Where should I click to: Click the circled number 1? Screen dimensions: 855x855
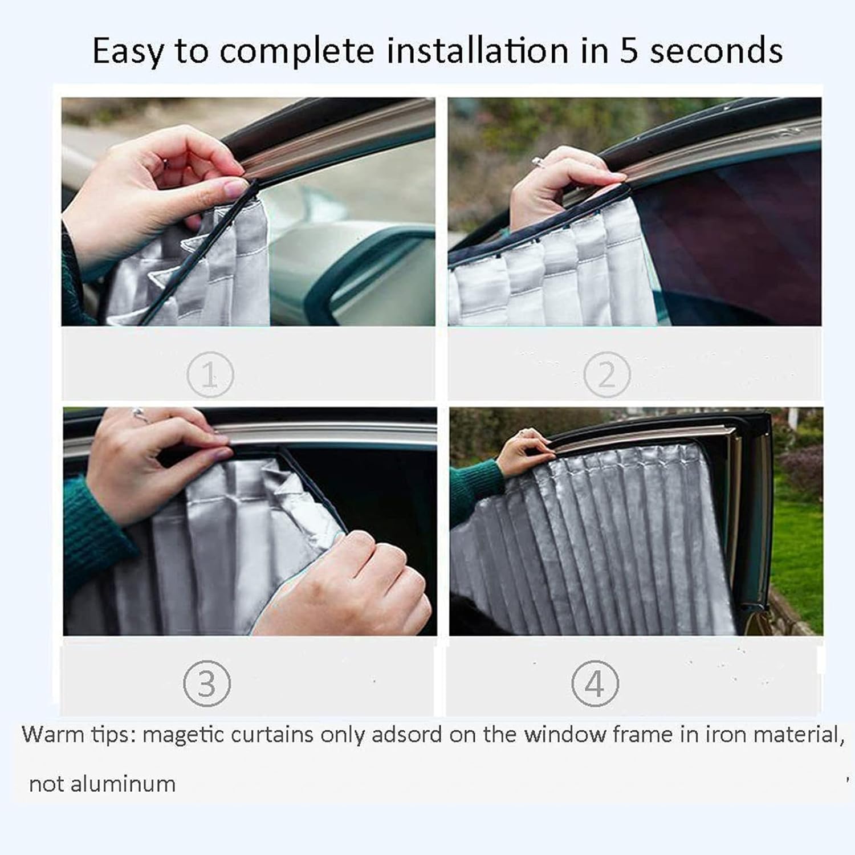coord(210,374)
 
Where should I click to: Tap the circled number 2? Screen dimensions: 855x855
coord(607,374)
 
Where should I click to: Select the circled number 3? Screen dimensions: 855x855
coord(207,683)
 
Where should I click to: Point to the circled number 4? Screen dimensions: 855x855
coord(595,683)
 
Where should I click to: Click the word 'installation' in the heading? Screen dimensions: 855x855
coord(478,51)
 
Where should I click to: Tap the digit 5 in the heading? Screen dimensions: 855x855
coord(628,51)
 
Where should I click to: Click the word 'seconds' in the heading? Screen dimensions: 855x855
coord(716,51)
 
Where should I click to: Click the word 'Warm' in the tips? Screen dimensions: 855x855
coord(52,734)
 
